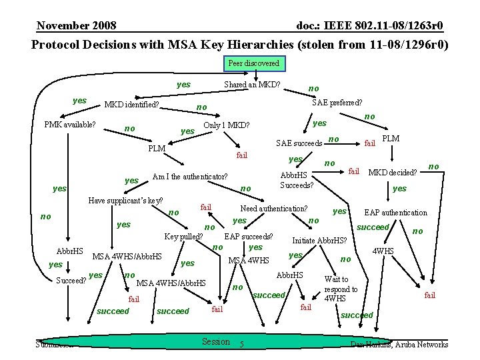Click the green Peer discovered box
tap(253, 63)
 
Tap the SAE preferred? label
tap(337, 103)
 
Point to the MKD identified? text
tap(131, 105)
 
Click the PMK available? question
tap(69, 125)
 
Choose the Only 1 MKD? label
tap(227, 125)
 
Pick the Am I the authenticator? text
tap(190, 177)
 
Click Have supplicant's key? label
tap(126, 201)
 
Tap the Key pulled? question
tap(184, 236)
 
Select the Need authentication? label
tap(274, 209)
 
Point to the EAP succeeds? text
tap(249, 236)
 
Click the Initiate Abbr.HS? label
tap(319, 241)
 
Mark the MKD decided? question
tap(393, 173)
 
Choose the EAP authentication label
tap(395, 213)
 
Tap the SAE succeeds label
tap(299, 143)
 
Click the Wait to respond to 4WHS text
tap(341, 289)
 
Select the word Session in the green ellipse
tap(215, 341)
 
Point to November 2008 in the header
tap(77, 26)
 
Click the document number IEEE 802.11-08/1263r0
tap(369, 26)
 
